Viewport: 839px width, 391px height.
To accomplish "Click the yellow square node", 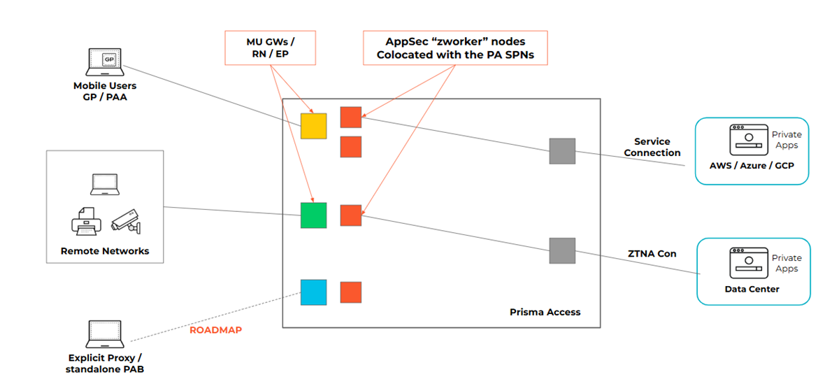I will pos(313,125).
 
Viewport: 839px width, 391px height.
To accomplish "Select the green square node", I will pos(313,215).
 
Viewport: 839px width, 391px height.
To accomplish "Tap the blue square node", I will pos(313,292).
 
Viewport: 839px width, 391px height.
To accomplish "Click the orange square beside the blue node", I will pos(350,292).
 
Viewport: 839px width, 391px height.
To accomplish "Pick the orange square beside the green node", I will pos(350,215).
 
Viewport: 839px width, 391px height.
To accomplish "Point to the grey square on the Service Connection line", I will pos(562,151).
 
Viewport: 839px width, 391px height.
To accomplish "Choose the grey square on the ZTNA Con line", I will pos(562,250).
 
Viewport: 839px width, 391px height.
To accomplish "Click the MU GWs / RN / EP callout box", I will pos(270,48).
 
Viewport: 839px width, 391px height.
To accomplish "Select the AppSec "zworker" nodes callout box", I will pos(454,48).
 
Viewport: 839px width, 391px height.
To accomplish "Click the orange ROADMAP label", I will pos(215,329).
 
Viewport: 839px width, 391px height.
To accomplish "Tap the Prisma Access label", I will pos(545,312).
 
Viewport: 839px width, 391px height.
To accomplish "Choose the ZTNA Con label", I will pos(651,253).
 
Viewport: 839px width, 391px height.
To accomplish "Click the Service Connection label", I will pos(652,147).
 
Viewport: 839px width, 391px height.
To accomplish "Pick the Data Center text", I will pos(752,289).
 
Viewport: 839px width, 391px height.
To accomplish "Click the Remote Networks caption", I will pos(105,251).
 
